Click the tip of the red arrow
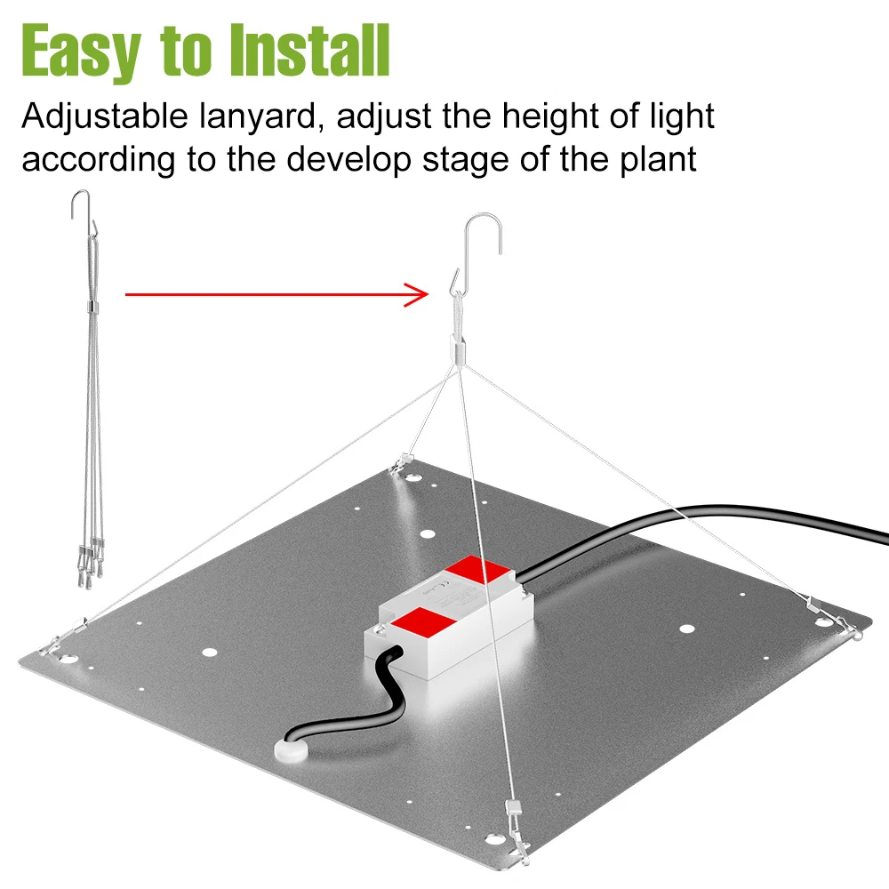428,294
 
